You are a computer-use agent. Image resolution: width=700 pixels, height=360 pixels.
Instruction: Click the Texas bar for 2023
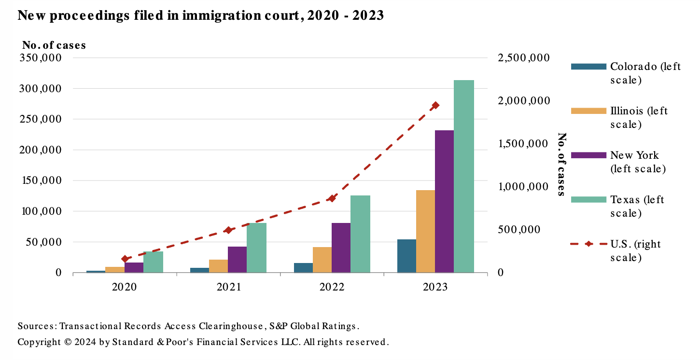click(463, 176)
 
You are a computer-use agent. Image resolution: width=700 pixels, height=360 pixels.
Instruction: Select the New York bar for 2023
click(444, 201)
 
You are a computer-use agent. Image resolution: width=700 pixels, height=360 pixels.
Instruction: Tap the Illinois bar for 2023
click(425, 231)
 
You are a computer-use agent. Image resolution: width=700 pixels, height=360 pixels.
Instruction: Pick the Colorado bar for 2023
click(406, 256)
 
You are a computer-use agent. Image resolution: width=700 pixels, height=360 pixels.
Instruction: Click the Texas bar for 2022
click(360, 234)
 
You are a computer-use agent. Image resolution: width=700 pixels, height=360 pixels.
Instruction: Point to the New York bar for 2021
click(237, 260)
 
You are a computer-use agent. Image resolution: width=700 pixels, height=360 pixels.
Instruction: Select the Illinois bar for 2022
click(322, 260)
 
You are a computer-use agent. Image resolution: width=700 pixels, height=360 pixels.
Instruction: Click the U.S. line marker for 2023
click(435, 105)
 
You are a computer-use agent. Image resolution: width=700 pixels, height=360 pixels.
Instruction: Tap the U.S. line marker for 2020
click(125, 259)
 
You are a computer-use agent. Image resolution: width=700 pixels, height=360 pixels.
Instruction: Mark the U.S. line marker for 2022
click(332, 198)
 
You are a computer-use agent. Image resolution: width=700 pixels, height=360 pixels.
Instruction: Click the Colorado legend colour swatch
click(588, 67)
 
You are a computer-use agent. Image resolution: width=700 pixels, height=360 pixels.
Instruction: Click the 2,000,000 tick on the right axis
click(523, 101)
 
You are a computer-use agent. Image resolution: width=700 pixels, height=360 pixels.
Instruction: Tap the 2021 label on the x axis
click(228, 287)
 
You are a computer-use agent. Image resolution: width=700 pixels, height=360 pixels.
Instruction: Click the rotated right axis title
click(561, 164)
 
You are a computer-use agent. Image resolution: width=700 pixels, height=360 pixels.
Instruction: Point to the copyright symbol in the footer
click(68, 342)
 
